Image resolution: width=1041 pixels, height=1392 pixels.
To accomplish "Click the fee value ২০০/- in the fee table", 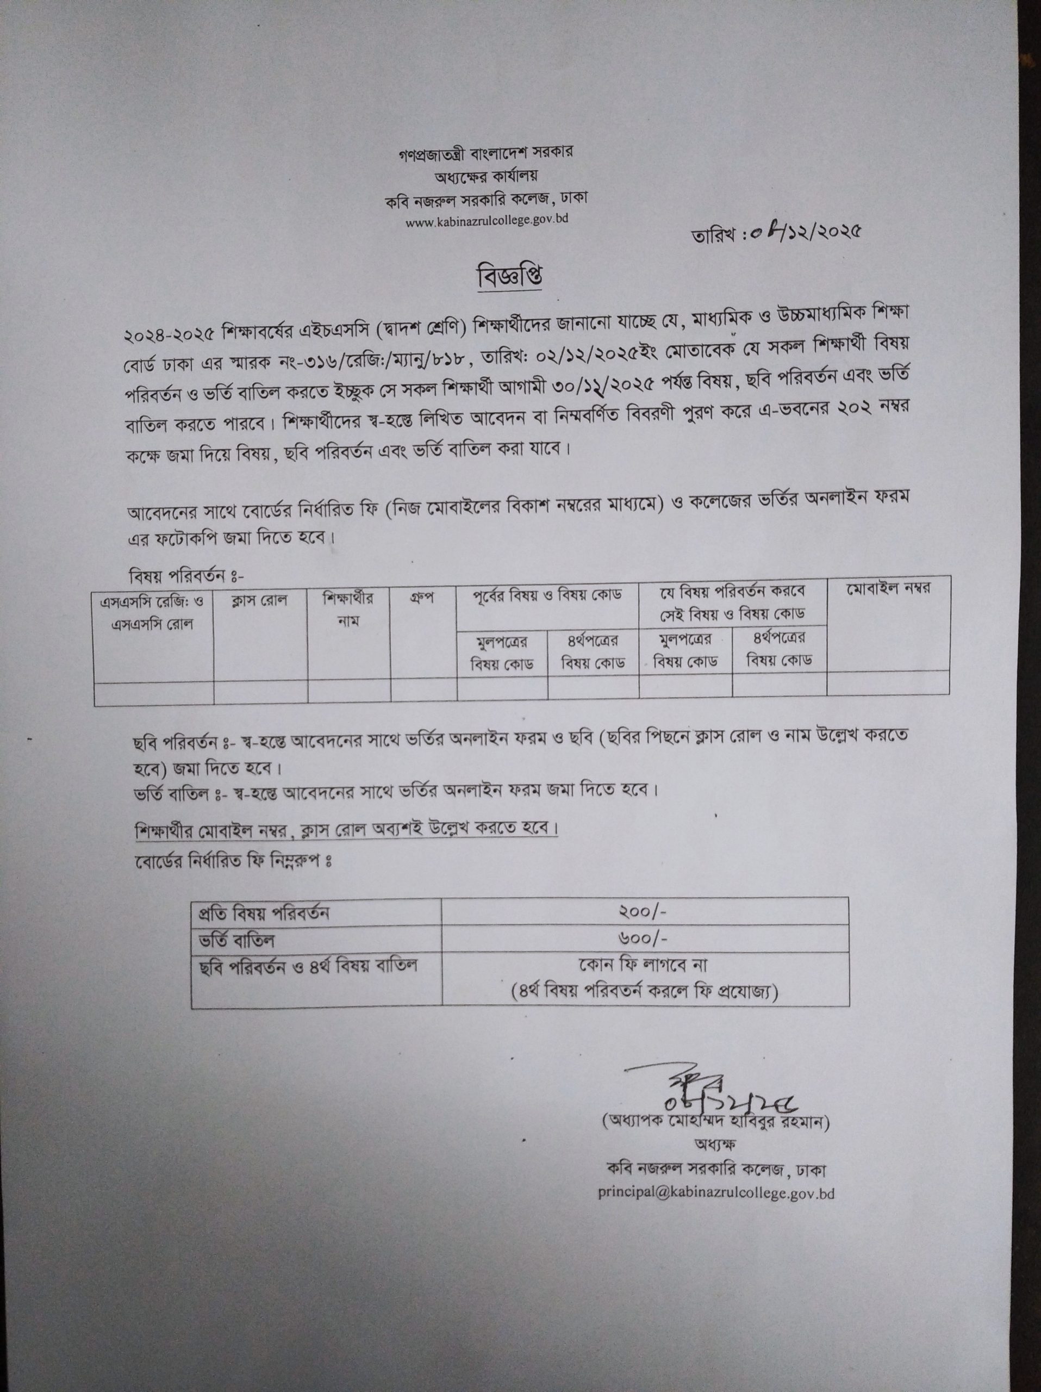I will [x=644, y=911].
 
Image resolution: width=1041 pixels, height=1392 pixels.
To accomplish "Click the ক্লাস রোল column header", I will [x=259, y=600].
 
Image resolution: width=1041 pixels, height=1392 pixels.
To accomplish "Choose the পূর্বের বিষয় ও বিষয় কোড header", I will [x=547, y=595].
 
